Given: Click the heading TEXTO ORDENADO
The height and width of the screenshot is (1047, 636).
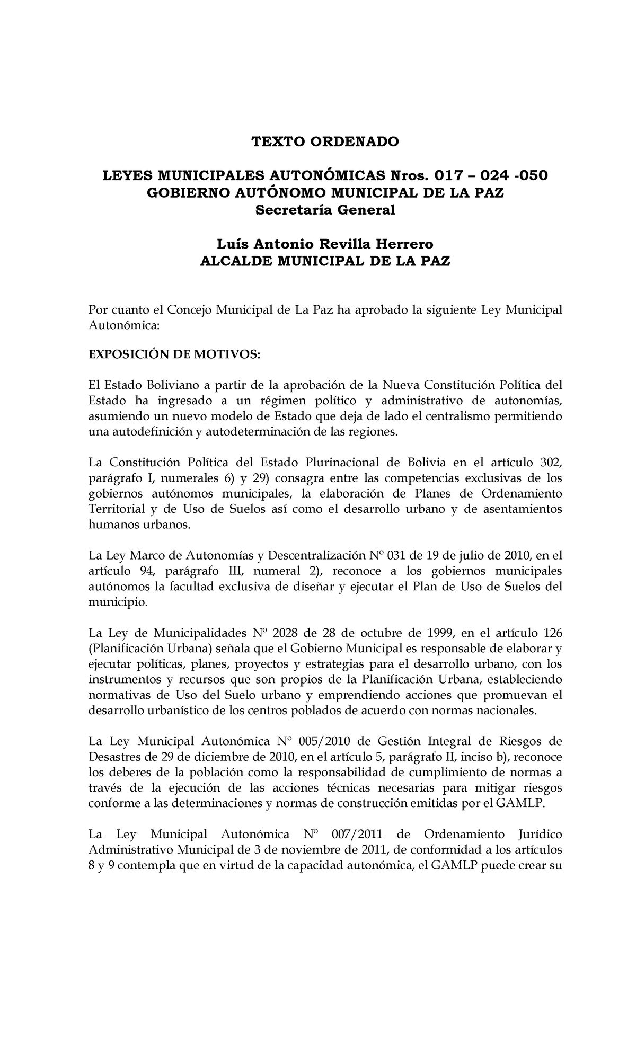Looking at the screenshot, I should pyautogui.click(x=325, y=141).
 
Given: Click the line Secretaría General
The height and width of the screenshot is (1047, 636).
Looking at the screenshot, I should pyautogui.click(x=325, y=210).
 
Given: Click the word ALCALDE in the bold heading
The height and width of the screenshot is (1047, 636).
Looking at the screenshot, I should pyautogui.click(x=233, y=261).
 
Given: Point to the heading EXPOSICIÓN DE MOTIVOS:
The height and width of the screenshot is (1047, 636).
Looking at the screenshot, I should pyautogui.click(x=174, y=354).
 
